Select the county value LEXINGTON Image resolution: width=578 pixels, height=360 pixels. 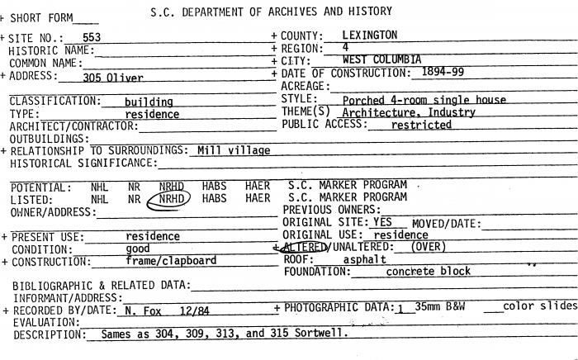tap(369, 36)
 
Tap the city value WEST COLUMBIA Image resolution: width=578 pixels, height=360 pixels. tap(381, 60)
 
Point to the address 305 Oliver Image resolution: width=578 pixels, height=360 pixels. tap(113, 78)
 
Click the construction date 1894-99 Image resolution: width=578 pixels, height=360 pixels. tap(442, 73)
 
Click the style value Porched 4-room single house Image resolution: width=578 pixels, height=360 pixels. tap(424, 100)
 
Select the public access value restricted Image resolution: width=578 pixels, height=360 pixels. tap(421, 126)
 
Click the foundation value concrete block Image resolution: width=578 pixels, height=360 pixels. tap(428, 271)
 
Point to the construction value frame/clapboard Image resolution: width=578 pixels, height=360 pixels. tap(171, 261)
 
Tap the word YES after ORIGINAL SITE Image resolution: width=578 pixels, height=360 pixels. tap(383, 223)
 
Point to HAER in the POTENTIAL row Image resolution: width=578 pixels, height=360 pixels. tap(257, 187)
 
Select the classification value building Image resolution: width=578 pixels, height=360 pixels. tap(149, 102)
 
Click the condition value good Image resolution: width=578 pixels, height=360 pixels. tap(137, 249)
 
